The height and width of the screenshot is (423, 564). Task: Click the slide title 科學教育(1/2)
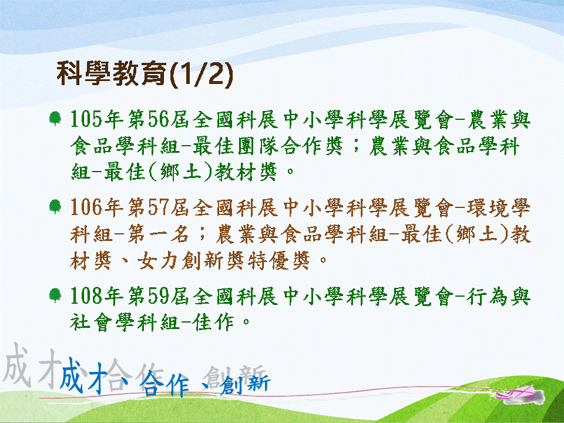tap(145, 74)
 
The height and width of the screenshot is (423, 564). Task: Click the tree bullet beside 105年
tap(55, 118)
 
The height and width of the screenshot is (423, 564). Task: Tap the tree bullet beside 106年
tap(55, 207)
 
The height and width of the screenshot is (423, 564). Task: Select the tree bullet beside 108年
tap(55, 296)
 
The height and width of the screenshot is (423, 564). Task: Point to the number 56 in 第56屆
tap(158, 119)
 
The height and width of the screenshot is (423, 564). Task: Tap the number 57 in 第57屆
tap(158, 207)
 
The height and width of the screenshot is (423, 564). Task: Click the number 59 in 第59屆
tap(158, 296)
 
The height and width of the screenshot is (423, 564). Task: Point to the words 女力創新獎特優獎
tap(224, 260)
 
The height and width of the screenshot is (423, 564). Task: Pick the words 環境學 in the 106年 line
tap(499, 207)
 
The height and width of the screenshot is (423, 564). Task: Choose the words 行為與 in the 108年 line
tap(499, 296)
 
